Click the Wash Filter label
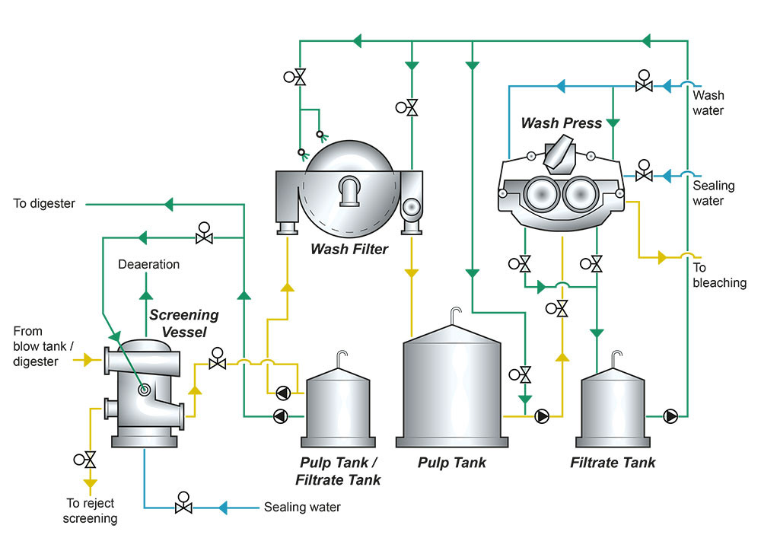pos(349,248)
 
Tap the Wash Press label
pos(561,123)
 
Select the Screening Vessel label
pos(183,322)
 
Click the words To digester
pos(45,204)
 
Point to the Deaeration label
pos(149,265)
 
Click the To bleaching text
pos(719,275)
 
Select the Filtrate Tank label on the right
pos(613,462)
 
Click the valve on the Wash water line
pos(644,86)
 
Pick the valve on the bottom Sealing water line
pos(183,507)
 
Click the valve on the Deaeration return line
pos(203,237)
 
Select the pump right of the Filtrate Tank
pos(670,416)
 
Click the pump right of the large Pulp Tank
pos(543,416)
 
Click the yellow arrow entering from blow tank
pos(87,359)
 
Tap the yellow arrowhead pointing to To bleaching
pos(661,258)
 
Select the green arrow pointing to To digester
pos(169,204)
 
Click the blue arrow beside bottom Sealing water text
pos(225,507)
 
